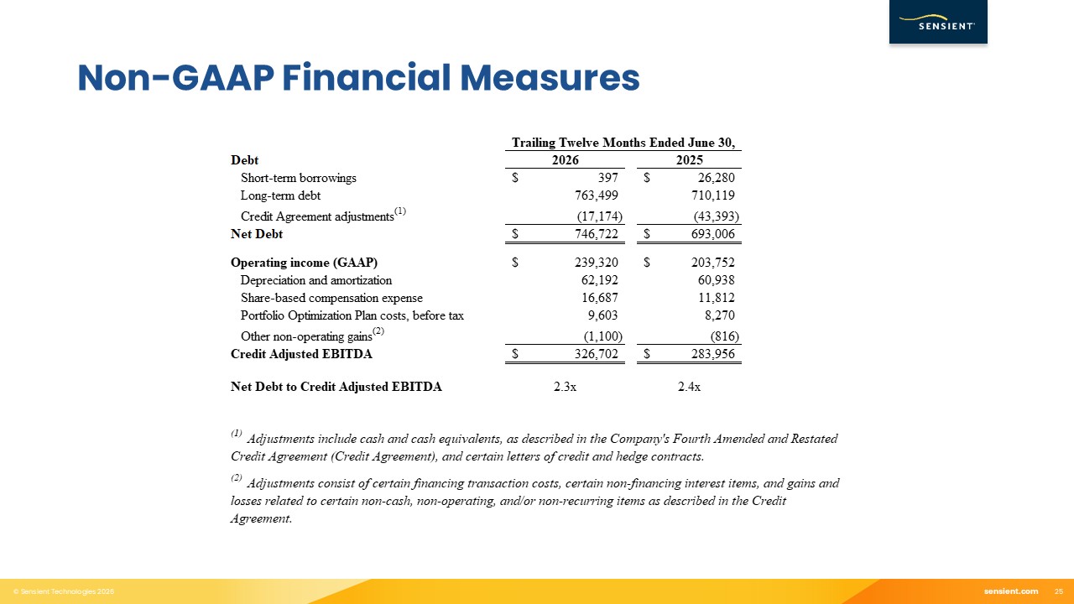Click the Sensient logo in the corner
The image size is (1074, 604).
tap(938, 22)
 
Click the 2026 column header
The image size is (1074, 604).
tap(566, 160)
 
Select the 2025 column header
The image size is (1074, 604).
tap(690, 160)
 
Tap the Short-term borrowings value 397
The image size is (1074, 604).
tap(608, 178)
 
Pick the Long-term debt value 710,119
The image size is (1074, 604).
tap(713, 195)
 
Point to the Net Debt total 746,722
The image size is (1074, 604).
tap(597, 234)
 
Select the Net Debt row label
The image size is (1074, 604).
tap(257, 234)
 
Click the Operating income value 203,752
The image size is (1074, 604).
tap(713, 263)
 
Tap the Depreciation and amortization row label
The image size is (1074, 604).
tap(316, 280)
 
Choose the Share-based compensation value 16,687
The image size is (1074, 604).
tap(600, 298)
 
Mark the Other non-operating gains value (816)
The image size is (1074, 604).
tap(724, 336)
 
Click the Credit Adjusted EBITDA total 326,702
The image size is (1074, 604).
tap(597, 354)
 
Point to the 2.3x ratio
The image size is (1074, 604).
tap(565, 387)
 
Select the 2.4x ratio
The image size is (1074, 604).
tap(689, 387)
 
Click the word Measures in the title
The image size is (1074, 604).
tap(550, 78)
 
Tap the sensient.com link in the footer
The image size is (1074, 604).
tap(1011, 591)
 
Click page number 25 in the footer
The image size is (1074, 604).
tap(1059, 591)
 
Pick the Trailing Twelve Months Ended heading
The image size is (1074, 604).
tap(623, 143)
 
